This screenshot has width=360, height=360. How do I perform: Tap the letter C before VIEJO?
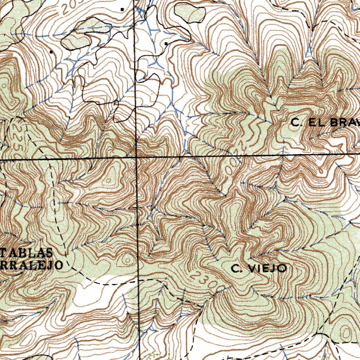tap(235, 269)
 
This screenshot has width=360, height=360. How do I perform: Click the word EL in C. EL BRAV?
tap(314, 123)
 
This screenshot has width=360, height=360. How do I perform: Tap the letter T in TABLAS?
tap(5, 252)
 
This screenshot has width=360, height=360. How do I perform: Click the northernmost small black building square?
tap(122, 9)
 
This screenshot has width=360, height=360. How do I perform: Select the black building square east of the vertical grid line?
tap(166, 44)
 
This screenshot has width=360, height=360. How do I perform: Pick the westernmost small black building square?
tap(51, 52)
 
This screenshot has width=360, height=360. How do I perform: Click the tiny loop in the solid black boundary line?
tap(116, 103)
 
